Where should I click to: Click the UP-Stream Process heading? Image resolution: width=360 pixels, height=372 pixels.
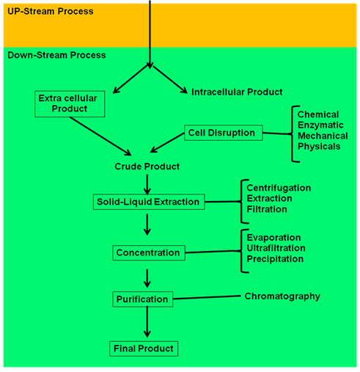pyautogui.click(x=51, y=11)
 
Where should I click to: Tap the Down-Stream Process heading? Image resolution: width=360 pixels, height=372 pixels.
pyautogui.click(x=56, y=55)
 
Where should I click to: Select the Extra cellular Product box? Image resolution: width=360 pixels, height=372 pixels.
pyautogui.click(x=70, y=104)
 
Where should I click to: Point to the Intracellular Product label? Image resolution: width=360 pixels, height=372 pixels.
pyautogui.click(x=237, y=92)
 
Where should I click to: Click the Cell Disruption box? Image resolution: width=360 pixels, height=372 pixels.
pyautogui.click(x=224, y=133)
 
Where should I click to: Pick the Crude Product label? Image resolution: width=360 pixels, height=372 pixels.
pyautogui.click(x=147, y=167)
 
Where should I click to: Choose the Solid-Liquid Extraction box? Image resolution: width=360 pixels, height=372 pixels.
pyautogui.click(x=149, y=202)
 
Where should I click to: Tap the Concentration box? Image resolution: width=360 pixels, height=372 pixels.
pyautogui.click(x=149, y=253)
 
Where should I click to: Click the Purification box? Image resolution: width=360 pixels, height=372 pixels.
pyautogui.click(x=143, y=299)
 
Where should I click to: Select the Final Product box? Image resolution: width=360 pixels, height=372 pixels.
pyautogui.click(x=144, y=349)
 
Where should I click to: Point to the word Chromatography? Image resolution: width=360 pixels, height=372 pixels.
pyautogui.click(x=282, y=296)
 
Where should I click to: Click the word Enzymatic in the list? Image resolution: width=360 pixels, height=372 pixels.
pyautogui.click(x=320, y=125)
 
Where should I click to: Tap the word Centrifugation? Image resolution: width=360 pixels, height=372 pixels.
pyautogui.click(x=279, y=188)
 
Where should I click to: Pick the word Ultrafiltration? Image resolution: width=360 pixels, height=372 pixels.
pyautogui.click(x=276, y=248)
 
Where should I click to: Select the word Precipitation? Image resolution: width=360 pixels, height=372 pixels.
pyautogui.click(x=275, y=259)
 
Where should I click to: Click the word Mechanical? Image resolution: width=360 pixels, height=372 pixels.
pyautogui.click(x=323, y=136)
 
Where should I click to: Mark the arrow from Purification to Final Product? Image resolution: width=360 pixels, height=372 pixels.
pyautogui.click(x=147, y=322)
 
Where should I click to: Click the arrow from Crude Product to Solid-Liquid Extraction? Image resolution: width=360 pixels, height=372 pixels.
pyautogui.click(x=147, y=184)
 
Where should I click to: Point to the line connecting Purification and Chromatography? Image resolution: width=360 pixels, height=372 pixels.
pyautogui.click(x=207, y=297)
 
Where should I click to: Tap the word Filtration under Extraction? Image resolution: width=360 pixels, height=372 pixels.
pyautogui.click(x=267, y=209)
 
